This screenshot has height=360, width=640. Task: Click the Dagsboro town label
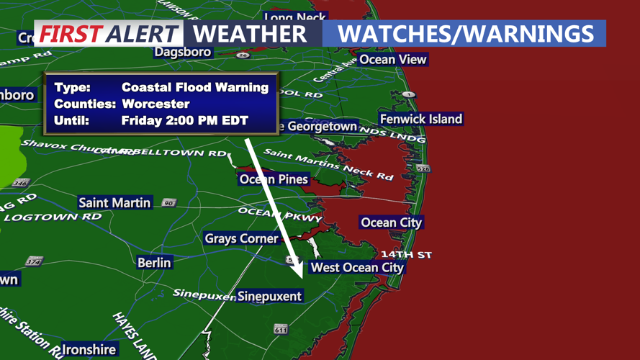click(183, 52)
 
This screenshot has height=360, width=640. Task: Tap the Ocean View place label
click(392, 59)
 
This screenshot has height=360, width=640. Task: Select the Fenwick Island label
click(421, 119)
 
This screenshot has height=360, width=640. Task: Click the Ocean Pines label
click(274, 179)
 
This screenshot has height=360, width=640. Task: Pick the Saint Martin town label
click(114, 203)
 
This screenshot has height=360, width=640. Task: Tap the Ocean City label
click(391, 222)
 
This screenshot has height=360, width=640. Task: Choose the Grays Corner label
click(241, 238)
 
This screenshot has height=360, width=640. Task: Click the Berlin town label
click(154, 263)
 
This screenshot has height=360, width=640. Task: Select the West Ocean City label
click(356, 267)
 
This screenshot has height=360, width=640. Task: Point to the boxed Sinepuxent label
click(269, 296)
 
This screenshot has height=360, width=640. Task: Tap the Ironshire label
click(89, 349)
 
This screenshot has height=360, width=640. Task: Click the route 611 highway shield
click(281, 329)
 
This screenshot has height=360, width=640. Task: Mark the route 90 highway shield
click(169, 203)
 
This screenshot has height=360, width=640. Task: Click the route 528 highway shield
click(423, 168)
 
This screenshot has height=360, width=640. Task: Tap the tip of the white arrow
click(302, 279)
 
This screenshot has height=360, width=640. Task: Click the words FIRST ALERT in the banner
click(108, 34)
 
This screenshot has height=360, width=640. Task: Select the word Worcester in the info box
click(156, 104)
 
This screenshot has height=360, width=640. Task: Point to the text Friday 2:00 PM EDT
click(184, 120)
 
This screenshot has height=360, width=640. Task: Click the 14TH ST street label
click(406, 254)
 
